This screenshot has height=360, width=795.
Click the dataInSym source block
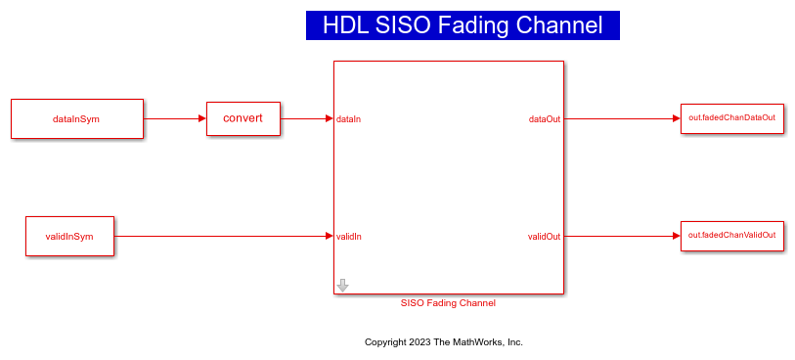point(76,118)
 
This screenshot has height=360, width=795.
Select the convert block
point(243,118)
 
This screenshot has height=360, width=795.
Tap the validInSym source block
point(68,236)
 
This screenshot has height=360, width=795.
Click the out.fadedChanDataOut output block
point(731,117)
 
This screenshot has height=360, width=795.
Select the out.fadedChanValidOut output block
point(731,235)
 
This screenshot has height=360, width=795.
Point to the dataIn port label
point(348,119)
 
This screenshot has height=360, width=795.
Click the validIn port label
point(349,237)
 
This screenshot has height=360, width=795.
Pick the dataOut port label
point(545,119)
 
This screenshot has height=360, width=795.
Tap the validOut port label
point(544,237)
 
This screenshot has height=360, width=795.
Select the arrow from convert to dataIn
point(306,118)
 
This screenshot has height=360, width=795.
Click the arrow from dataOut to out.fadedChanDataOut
point(621,118)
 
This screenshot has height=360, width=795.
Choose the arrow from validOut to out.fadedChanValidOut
point(621,236)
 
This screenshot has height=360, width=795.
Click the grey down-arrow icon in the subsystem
point(342,285)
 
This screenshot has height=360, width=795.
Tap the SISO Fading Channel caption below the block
point(448,303)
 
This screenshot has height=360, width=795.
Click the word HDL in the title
point(346,25)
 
